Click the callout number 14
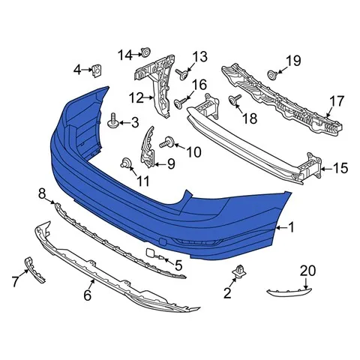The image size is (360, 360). point(125,55)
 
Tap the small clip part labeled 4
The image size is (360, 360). point(97,70)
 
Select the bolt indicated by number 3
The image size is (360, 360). point(112,120)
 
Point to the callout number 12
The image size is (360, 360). point(136,98)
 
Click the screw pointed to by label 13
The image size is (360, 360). point(182,73)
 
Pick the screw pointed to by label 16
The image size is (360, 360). point(180,103)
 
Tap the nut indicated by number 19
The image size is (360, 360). point(272,74)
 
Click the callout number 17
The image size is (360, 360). point(337,101)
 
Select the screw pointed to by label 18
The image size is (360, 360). point(235,100)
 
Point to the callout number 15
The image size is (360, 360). point(340,168)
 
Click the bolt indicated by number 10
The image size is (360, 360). point(167,142)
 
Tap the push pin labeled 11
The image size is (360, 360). point(126,163)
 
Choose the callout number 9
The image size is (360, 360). point(171,164)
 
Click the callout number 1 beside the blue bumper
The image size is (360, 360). point(291,227)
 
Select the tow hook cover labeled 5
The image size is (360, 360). point(155,253)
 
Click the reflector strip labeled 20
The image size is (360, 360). point(289,292)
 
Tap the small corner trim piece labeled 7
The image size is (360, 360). point(34,269)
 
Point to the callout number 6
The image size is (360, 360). point(87,295)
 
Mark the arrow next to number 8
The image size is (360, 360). point(51,201)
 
